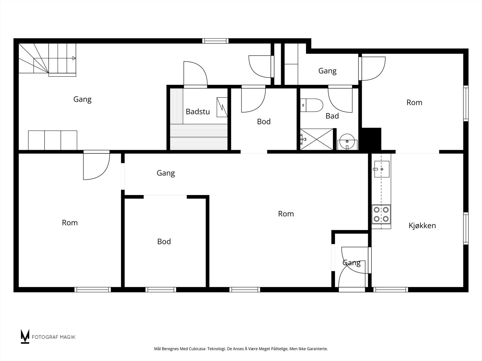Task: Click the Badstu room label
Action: coord(198,112)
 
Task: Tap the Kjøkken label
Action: coord(422,225)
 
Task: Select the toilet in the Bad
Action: coord(311,105)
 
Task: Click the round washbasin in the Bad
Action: coord(347,141)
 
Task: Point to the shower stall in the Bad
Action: coord(316,139)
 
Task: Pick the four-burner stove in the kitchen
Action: coord(381,214)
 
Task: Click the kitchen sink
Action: coord(382,169)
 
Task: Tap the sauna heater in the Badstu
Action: coord(222,107)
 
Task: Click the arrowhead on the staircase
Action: coord(74,58)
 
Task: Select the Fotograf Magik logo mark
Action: coord(25,336)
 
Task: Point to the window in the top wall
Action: coord(215,41)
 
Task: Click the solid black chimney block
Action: coord(371,139)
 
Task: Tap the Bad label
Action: coord(332,116)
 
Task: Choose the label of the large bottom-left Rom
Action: coord(70,223)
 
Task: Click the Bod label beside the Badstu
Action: coord(264,122)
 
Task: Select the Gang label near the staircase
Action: coord(82,99)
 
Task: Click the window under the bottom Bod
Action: coord(161,290)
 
